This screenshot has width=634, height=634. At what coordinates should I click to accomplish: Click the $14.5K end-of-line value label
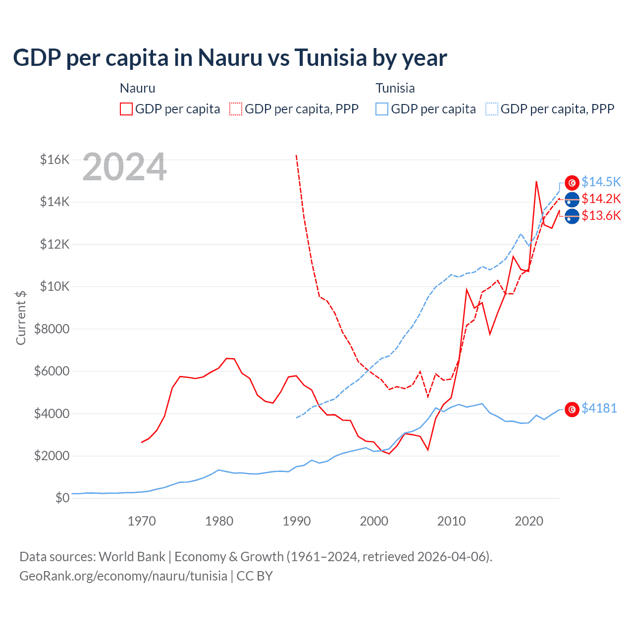601,182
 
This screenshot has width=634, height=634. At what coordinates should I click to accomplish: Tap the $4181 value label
599,408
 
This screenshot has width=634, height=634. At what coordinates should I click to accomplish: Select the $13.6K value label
601,215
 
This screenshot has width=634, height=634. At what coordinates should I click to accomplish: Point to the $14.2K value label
601,199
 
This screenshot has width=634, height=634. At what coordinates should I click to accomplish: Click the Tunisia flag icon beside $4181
572,409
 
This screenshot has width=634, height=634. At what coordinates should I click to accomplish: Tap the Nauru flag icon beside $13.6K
572,216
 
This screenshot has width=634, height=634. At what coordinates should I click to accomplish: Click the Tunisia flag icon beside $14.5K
572,183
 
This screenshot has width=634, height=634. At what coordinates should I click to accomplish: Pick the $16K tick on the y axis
54,159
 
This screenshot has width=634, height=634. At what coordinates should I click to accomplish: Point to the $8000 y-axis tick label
52,329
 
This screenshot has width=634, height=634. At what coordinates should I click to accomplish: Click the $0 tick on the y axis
62,498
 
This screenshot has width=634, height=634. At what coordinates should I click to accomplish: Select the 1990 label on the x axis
297,521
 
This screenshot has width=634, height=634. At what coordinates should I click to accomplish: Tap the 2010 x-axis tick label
451,521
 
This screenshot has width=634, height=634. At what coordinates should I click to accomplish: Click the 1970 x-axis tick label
142,521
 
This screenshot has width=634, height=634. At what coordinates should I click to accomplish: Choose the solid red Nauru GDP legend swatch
126,109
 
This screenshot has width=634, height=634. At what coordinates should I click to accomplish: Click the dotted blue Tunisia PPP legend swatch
492,109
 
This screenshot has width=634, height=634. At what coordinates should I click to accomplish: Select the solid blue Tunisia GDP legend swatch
382,109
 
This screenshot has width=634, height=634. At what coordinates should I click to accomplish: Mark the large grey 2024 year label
124,167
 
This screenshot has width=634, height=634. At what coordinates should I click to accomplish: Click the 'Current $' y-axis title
21,318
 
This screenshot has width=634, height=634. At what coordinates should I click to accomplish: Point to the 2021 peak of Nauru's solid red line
536,181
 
